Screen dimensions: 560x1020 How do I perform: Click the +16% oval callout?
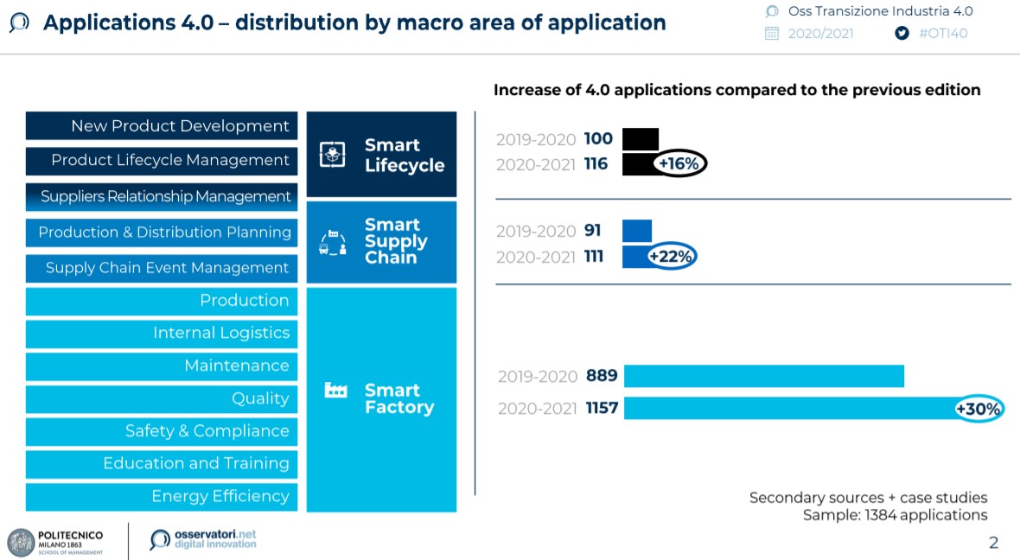679,163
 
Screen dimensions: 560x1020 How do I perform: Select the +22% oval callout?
672,257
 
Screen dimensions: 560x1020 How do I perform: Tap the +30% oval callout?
978,409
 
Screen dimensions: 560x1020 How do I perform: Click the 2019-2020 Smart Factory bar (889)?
763,376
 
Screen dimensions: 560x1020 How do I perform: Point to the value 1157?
602,408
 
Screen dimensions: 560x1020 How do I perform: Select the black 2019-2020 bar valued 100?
640,138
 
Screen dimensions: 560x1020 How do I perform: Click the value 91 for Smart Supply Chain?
593,231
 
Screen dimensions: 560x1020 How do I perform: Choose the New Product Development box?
162,126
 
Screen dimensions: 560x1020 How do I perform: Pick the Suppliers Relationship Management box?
162,196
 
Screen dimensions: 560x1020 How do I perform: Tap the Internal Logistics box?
162,333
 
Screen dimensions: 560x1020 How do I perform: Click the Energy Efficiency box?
162,496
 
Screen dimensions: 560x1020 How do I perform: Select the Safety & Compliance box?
162,430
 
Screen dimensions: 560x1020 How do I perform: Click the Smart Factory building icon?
335,391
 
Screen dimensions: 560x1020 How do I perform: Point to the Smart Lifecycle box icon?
333,155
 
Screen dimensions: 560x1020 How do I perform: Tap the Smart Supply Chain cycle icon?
333,243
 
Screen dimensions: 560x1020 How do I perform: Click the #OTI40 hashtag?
943,34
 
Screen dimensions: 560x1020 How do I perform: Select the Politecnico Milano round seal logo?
21,542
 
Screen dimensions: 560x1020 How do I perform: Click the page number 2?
993,543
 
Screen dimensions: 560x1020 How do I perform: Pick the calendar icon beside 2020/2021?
772,34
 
